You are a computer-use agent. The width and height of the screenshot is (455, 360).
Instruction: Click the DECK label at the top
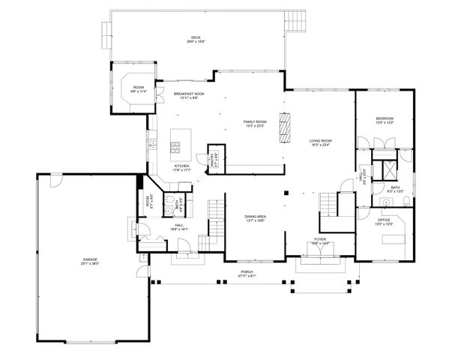196,39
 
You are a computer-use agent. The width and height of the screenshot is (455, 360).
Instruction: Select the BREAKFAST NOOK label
185,96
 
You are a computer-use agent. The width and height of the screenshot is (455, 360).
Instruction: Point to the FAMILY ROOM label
255,124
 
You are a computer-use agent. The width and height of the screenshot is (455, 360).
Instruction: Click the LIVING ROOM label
321,142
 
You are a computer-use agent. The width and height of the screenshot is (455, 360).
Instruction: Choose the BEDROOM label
385,120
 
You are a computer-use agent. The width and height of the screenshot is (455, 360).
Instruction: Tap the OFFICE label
384,223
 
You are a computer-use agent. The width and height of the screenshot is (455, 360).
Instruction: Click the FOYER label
320,240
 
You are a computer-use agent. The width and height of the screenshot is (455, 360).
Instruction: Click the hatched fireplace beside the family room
285,127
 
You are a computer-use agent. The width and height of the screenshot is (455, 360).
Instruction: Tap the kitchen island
178,140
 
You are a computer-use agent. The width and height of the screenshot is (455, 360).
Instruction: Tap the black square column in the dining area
286,192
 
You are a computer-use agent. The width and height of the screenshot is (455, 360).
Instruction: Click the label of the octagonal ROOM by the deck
139,89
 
